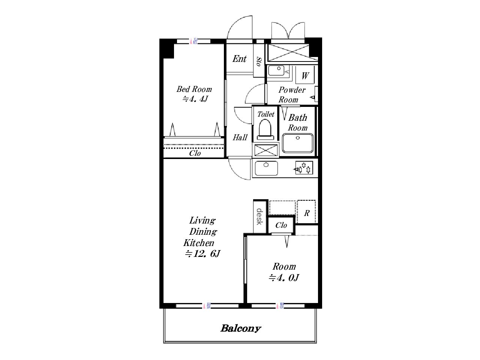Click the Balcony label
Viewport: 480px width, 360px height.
coord(240,328)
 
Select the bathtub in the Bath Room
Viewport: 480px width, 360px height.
coord(298,143)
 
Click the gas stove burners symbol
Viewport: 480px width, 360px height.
coord(304,168)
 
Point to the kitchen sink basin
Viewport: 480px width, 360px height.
coord(266,168)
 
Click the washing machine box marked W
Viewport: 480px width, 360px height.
coord(305,75)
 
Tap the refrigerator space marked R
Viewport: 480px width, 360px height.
coord(306,212)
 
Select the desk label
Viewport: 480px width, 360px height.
coord(259,216)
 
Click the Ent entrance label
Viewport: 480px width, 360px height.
coord(240,59)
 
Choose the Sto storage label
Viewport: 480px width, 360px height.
coord(259,61)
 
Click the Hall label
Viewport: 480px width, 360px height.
coord(240,138)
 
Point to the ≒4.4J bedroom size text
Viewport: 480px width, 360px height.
coord(195,99)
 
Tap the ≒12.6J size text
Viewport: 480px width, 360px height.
coord(202,254)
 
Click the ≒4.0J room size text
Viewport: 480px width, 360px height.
coord(283,278)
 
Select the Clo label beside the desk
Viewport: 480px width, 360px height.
coord(281,225)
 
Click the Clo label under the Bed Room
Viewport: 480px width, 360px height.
coord(195,153)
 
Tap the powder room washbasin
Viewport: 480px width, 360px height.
coord(276,70)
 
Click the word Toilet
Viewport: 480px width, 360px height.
coord(266,114)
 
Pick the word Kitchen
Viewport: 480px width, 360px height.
coord(198,243)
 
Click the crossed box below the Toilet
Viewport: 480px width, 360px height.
coord(266,150)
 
